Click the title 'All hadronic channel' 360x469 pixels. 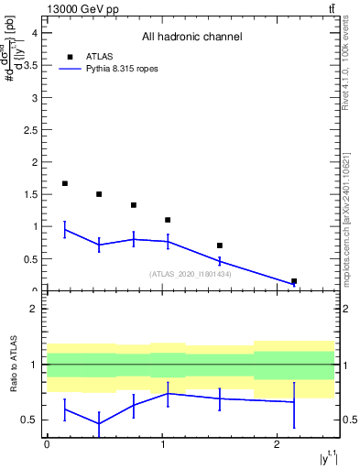(x=191, y=37)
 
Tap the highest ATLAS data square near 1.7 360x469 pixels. (x=65, y=183)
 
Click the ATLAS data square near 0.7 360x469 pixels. (x=220, y=245)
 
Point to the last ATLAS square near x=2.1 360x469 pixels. (x=294, y=281)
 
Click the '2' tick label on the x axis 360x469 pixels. (x=278, y=443)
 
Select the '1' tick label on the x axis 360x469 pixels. (x=162, y=443)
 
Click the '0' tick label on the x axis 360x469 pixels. (x=47, y=443)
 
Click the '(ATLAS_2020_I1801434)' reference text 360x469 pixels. (x=190, y=274)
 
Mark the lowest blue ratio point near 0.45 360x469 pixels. (x=99, y=423)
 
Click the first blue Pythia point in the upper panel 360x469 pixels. (x=65, y=230)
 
